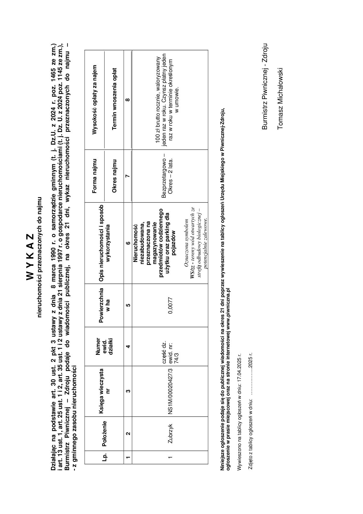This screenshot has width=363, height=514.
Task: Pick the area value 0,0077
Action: (171, 305)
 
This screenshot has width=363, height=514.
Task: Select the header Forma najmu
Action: (94, 176)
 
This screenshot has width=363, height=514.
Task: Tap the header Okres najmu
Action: (114, 176)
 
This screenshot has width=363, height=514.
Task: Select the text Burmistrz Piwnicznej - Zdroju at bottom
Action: (264, 86)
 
